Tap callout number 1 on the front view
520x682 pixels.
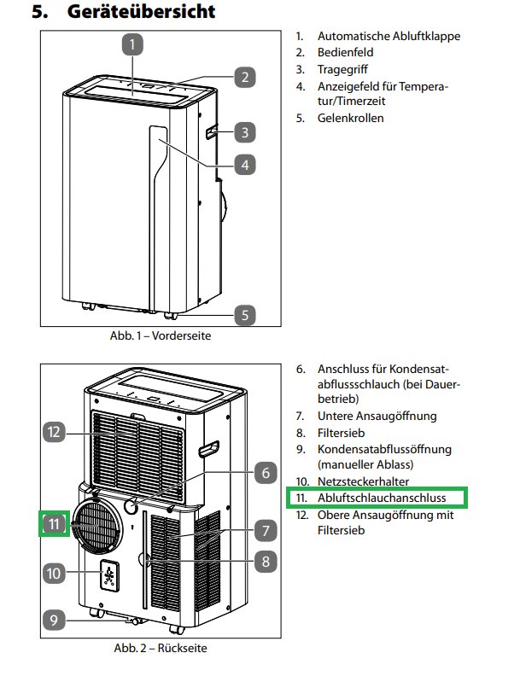[133, 43]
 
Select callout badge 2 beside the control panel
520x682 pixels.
[244, 78]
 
